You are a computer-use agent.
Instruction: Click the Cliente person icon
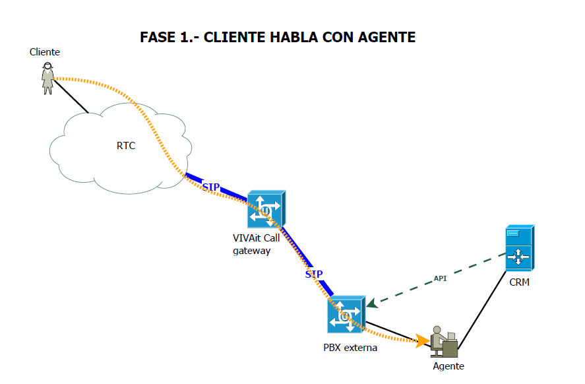pos(47,78)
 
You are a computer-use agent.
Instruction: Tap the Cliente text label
pos(45,52)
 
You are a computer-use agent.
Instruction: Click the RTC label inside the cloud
pos(126,146)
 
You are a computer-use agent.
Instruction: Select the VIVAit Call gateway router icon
pos(266,209)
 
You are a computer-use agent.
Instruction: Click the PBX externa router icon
pos(346,315)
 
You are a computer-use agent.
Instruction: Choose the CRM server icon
pos(520,247)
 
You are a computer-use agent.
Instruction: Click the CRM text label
pos(520,283)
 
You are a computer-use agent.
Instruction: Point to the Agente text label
pos(448,366)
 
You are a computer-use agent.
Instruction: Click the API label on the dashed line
pos(440,278)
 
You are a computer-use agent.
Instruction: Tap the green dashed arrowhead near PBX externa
pos(372,303)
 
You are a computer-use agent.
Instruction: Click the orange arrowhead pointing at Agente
pos(422,341)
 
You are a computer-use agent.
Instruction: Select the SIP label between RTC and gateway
pos(211,187)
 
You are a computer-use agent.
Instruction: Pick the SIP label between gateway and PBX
pos(314,274)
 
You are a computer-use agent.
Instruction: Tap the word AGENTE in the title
pos(386,38)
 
